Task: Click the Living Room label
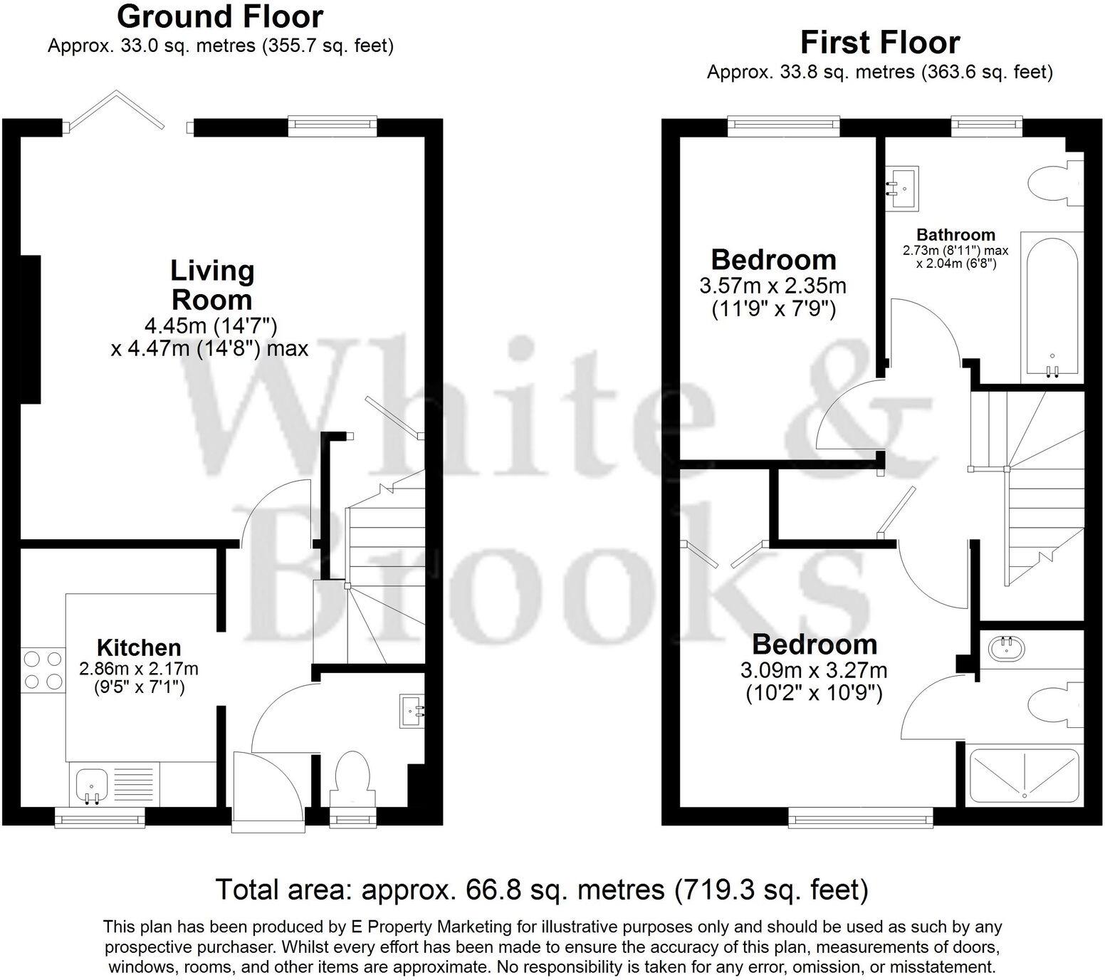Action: tap(211, 285)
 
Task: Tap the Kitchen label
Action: tap(139, 647)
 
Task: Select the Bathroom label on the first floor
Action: tap(955, 234)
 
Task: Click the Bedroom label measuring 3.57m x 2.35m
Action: tap(773, 260)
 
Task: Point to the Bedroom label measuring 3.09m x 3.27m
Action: tap(814, 645)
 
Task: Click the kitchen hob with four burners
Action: tap(42, 670)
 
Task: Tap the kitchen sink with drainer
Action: tap(114, 784)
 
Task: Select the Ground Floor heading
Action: tap(220, 16)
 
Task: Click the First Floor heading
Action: tap(879, 43)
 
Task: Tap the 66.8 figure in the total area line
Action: tap(491, 890)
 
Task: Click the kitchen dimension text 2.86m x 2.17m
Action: tap(139, 669)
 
